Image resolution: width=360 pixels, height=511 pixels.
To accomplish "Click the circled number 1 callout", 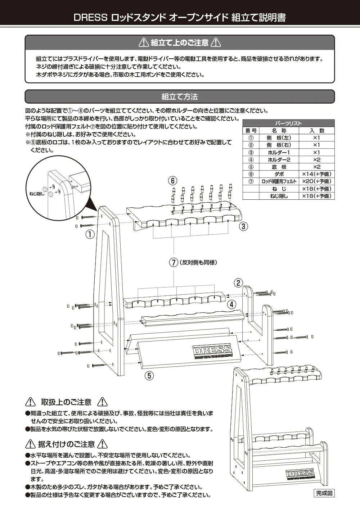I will (90, 234).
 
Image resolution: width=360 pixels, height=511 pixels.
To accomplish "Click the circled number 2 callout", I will (238, 283).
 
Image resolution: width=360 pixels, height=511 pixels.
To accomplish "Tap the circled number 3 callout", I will (243, 226).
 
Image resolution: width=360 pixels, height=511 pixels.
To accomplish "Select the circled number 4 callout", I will (231, 304).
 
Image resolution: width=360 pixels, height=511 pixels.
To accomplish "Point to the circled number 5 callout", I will (149, 376).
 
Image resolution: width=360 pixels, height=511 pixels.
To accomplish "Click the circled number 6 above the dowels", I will (173, 180).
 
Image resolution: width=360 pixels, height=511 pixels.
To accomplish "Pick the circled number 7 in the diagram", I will (174, 262).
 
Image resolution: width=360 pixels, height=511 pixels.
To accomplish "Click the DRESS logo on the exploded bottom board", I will (212, 351).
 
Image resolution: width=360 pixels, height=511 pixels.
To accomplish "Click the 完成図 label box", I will (325, 493).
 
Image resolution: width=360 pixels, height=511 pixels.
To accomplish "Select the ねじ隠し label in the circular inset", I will (37, 194).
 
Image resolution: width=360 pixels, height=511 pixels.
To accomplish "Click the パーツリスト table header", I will (288, 123).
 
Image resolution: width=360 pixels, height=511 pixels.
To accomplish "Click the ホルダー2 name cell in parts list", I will (279, 159).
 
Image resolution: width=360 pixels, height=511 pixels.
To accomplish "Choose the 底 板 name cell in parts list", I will (279, 167).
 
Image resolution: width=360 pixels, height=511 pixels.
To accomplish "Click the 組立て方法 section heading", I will (180, 96).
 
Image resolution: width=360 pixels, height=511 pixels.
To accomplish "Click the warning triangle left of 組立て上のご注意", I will (144, 42).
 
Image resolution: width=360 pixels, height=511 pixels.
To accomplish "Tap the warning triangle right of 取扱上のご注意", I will (103, 402).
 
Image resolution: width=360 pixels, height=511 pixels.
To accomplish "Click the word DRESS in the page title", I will (90, 18).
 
